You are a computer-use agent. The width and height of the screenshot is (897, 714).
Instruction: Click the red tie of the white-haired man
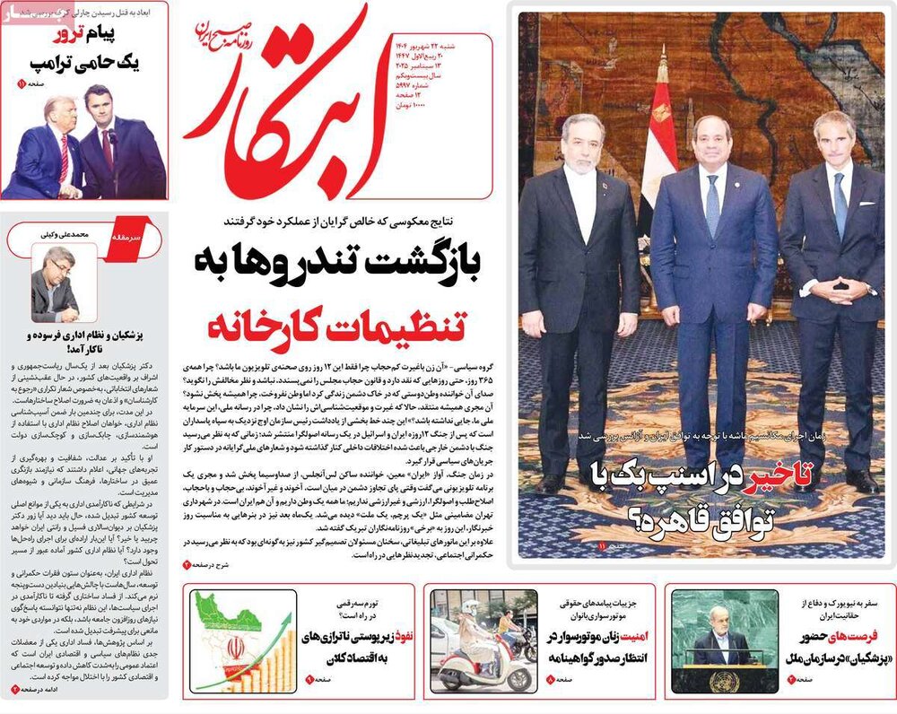(64, 158)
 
